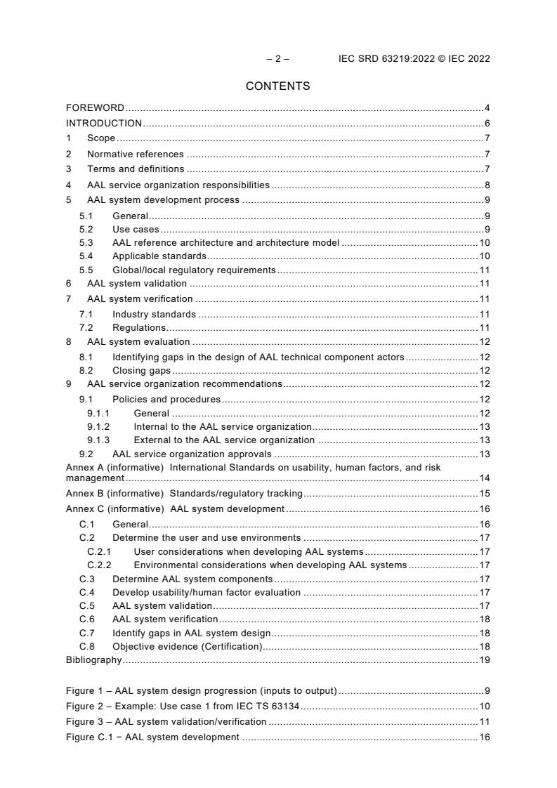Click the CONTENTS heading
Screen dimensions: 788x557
point(277,86)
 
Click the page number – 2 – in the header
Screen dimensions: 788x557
point(277,58)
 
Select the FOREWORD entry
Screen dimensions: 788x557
point(95,108)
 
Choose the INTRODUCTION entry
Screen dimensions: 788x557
point(104,123)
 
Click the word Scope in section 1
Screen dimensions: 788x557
point(101,138)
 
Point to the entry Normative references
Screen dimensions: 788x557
point(135,154)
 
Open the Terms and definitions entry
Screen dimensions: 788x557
point(136,169)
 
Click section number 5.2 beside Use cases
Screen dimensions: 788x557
point(86,230)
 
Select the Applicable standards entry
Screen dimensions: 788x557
point(159,256)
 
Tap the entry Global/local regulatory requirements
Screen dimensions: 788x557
point(194,270)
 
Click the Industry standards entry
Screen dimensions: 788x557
point(154,314)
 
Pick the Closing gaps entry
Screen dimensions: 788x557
point(142,370)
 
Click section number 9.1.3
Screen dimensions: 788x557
point(98,440)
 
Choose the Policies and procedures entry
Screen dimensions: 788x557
point(166,400)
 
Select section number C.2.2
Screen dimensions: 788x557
point(98,565)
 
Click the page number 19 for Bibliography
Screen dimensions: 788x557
point(485,659)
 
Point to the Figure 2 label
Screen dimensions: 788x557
point(83,706)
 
